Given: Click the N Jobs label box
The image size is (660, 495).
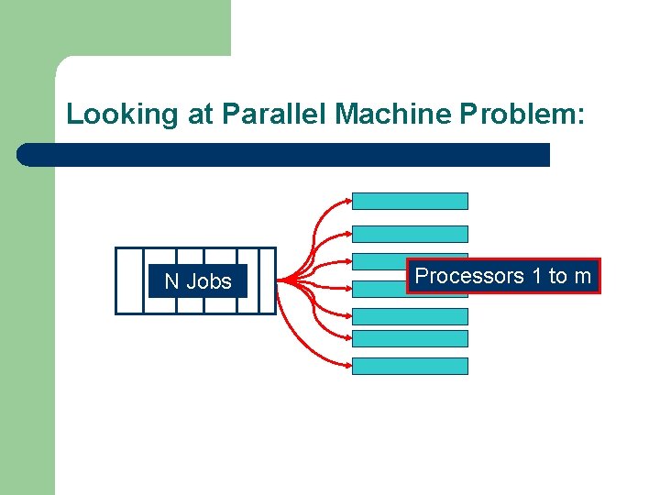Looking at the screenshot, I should point(198,281).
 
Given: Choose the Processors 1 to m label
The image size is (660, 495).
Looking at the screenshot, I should point(503,276).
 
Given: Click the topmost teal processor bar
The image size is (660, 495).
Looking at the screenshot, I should point(410,201).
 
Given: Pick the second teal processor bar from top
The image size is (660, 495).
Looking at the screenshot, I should point(410,234).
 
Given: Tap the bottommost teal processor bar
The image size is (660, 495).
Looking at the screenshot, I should point(410,366).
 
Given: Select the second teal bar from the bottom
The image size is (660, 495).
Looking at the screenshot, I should point(410,338).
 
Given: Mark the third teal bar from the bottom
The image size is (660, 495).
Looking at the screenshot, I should point(410,316).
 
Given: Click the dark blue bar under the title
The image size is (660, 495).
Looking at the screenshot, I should point(284,154).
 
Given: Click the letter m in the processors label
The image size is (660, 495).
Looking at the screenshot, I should point(582,276).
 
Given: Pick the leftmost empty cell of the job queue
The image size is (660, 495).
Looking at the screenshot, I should point(129,280).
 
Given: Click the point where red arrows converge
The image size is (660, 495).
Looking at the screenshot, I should point(280,279).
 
